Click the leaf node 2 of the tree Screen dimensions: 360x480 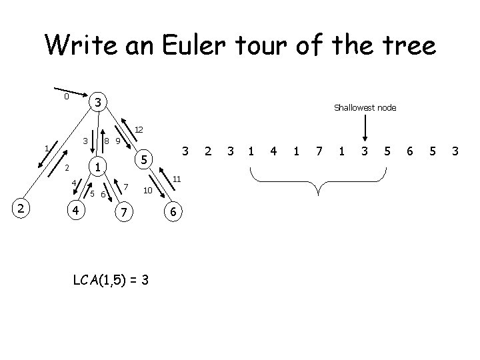coord(21,209)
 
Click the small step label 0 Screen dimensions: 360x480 coord(66,97)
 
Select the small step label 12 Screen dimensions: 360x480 coord(139,129)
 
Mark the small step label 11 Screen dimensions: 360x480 coord(176,179)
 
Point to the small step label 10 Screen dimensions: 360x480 coord(148,191)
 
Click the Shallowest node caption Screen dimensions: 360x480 coord(365,107)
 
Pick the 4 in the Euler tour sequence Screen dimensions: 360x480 coord(273,152)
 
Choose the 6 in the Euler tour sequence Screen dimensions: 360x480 coord(410,152)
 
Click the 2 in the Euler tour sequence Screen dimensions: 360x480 coord(209,152)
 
